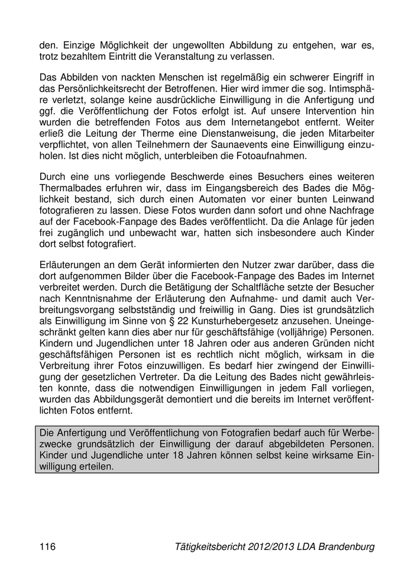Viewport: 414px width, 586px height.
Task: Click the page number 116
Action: pyautogui.click(x=47, y=546)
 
